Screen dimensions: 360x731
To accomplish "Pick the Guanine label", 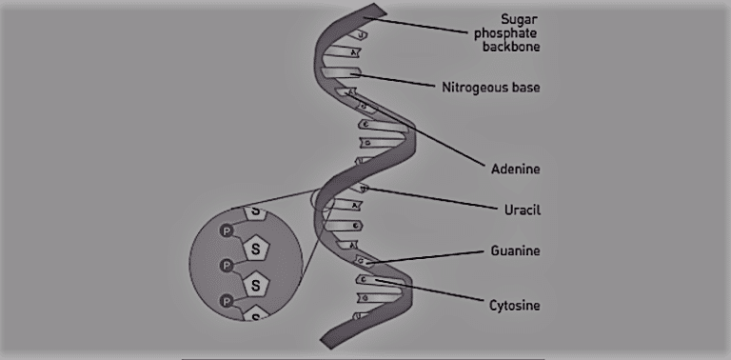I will point(514,250).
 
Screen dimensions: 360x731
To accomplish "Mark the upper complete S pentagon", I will point(255,249).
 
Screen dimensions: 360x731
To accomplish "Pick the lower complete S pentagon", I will point(255,283).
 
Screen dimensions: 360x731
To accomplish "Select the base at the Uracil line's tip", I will point(364,189).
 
